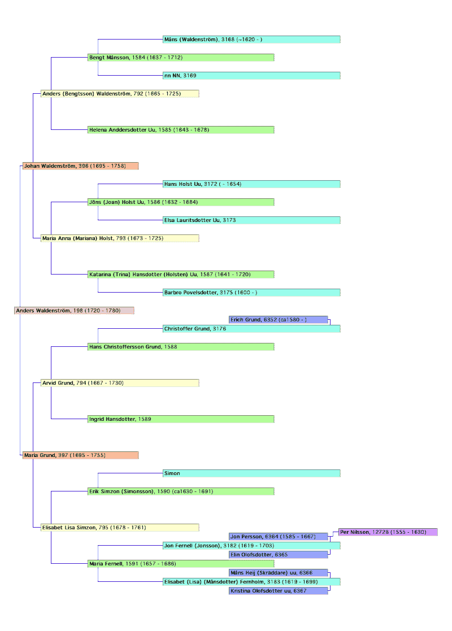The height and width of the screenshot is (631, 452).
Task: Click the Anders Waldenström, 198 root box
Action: (x=74, y=311)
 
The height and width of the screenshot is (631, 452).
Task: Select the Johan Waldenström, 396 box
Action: (x=80, y=166)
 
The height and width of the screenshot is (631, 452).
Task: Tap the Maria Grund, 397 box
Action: (x=80, y=455)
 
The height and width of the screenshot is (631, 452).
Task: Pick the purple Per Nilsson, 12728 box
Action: (x=388, y=532)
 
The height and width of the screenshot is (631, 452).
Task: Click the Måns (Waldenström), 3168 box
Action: (x=251, y=40)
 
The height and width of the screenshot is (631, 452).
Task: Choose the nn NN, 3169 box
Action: (x=251, y=76)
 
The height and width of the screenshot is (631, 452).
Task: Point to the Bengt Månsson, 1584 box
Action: (x=181, y=58)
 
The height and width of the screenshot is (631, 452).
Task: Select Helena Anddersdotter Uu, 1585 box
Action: (x=181, y=129)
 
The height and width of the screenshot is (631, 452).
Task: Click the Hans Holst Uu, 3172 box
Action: (x=251, y=184)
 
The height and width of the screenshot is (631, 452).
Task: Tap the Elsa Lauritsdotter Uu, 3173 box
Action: (x=251, y=220)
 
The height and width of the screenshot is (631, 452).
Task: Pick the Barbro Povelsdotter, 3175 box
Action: (x=251, y=293)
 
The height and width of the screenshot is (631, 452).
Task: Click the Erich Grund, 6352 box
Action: (x=279, y=320)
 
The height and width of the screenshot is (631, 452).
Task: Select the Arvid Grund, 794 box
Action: (x=120, y=382)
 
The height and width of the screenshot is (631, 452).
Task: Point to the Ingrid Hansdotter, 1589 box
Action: (x=181, y=419)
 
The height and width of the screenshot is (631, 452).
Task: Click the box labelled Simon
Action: (x=251, y=473)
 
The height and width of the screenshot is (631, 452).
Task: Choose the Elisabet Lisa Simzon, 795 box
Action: (x=120, y=528)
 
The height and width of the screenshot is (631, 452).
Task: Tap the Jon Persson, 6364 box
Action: (x=279, y=537)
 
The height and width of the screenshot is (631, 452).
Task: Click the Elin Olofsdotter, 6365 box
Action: (x=279, y=555)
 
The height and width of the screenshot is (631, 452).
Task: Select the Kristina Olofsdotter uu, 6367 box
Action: (x=279, y=591)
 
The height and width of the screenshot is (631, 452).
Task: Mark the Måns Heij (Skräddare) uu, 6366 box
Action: (x=279, y=573)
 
